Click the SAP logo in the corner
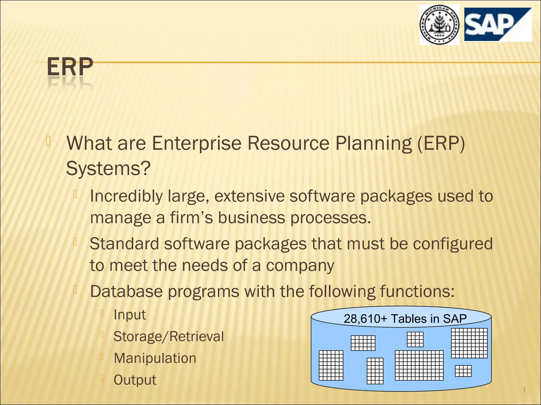click(x=498, y=25)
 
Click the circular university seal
click(x=440, y=25)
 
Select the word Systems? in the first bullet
click(x=108, y=168)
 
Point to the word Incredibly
click(x=126, y=196)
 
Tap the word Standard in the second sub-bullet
click(x=124, y=243)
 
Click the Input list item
click(x=129, y=315)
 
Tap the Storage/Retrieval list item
click(x=169, y=336)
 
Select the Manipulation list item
click(x=155, y=358)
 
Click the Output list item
click(x=135, y=380)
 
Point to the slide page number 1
click(x=524, y=390)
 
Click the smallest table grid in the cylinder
click(x=463, y=371)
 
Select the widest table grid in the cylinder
click(x=419, y=365)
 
